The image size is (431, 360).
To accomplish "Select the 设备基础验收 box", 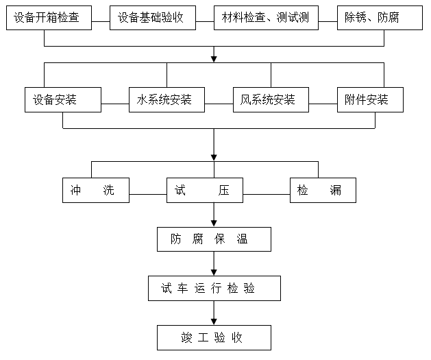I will pyautogui.click(x=151, y=18).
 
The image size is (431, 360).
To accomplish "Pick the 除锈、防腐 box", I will pyautogui.click(x=379, y=18).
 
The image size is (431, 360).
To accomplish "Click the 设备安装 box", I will pyautogui.click(x=62, y=99).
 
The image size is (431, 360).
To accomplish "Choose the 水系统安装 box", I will pyautogui.click(x=167, y=99).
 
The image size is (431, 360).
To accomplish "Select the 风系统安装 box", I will pyautogui.click(x=271, y=99).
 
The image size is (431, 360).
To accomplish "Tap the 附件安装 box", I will pyautogui.click(x=369, y=99).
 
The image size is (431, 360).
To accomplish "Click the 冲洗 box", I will pyautogui.click(x=95, y=190).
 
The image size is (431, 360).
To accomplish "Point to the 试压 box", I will pyautogui.click(x=204, y=190).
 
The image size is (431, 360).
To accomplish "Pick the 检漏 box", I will pyautogui.click(x=323, y=190).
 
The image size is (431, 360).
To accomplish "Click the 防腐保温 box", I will pyautogui.click(x=214, y=239).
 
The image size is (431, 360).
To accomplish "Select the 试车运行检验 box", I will pyautogui.click(x=214, y=288).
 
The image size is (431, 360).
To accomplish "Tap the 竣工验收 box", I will pyautogui.click(x=214, y=337).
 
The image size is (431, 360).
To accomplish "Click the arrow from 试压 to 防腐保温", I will pyautogui.click(x=214, y=215).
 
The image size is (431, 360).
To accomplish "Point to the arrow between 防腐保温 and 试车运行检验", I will pyautogui.click(x=214, y=264).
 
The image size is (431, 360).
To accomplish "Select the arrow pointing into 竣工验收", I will pyautogui.click(x=214, y=313).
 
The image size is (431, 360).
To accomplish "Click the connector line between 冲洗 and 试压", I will pyautogui.click(x=148, y=194).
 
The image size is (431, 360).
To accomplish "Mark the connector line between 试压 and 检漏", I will pyautogui.click(x=266, y=194).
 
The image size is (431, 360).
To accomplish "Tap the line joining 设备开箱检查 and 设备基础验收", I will pyautogui.click(x=100, y=21).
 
